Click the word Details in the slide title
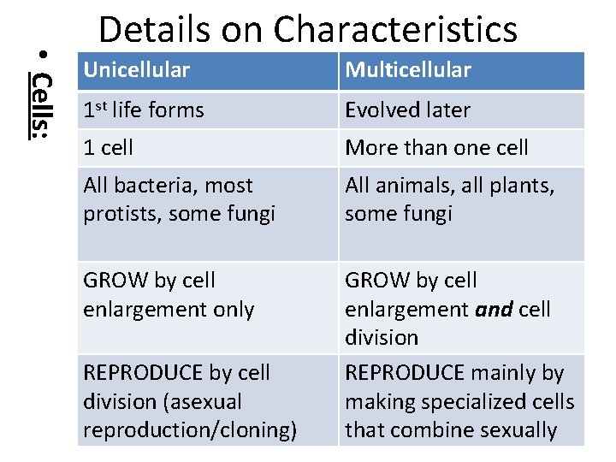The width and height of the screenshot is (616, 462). click(153, 29)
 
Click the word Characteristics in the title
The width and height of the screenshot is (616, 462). click(395, 29)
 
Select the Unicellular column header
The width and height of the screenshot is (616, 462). click(136, 70)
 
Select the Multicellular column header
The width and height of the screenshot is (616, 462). click(407, 70)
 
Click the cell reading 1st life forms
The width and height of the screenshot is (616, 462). click(143, 110)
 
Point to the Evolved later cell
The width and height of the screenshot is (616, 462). click(407, 110)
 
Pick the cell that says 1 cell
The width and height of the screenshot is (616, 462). click(108, 147)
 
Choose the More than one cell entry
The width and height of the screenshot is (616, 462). click(436, 147)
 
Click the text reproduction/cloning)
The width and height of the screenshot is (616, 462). click(190, 429)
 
